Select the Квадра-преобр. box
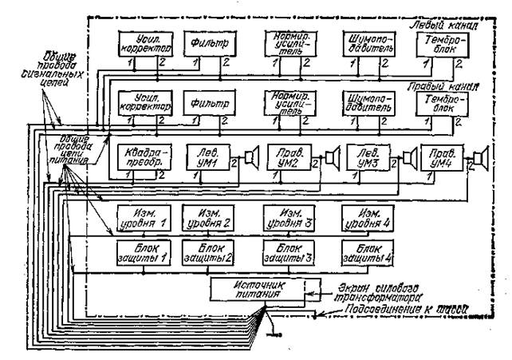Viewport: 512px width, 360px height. [x=140, y=156]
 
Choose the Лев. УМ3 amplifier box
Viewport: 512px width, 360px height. [x=368, y=156]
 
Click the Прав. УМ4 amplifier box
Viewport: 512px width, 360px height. [x=441, y=156]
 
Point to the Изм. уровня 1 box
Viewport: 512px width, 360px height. [x=140, y=216]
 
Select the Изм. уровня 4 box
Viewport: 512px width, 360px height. [x=368, y=216]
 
